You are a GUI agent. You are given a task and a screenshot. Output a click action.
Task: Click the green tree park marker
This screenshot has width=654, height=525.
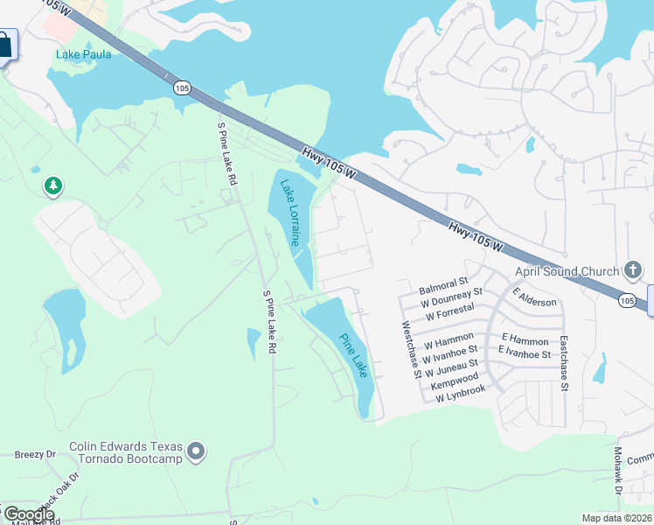pos(53,186)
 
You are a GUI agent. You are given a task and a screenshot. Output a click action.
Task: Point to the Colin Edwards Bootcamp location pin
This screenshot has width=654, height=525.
pos(197,451)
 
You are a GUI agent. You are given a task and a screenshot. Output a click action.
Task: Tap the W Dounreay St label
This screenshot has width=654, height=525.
pos(451,297)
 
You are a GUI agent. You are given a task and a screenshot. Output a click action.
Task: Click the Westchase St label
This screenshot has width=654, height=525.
pos(411,349)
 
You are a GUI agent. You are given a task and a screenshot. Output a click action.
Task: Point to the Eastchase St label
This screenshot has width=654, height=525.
pos(564,362)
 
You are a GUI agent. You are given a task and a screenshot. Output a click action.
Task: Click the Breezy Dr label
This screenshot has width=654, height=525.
pos(35,455)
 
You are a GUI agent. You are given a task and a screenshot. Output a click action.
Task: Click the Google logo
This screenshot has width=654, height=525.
pos(29,515)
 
